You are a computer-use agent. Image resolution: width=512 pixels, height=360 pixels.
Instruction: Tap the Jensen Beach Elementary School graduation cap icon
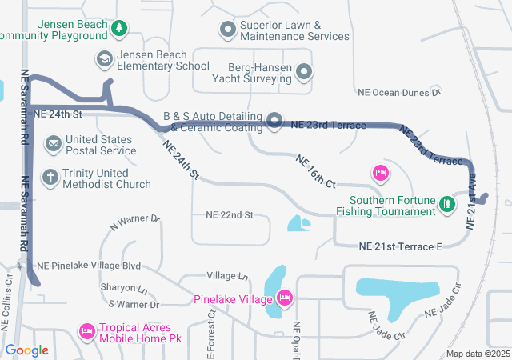click(x=105, y=59)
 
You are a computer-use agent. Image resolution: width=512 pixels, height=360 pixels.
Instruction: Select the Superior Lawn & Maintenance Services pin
click(x=228, y=30)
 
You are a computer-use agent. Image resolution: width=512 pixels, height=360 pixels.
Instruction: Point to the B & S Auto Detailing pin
click(x=274, y=121)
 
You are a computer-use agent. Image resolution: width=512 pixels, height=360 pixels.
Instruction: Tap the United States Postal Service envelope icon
click(x=54, y=144)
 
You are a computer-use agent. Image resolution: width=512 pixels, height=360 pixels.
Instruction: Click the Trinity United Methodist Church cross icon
click(x=50, y=178)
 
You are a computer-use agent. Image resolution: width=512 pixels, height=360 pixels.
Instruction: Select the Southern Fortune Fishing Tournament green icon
click(x=448, y=206)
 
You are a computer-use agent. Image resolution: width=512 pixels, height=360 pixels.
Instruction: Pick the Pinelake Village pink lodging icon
click(x=284, y=299)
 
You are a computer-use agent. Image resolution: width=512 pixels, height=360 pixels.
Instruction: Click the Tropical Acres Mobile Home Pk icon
click(x=87, y=330)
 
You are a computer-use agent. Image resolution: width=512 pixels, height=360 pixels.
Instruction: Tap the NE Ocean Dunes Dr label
click(x=398, y=93)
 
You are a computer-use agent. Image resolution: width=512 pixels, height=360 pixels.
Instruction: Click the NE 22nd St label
click(x=229, y=215)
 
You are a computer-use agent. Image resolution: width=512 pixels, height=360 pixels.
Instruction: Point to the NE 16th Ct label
click(x=315, y=172)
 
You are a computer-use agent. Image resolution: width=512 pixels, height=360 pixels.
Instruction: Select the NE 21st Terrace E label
click(x=400, y=247)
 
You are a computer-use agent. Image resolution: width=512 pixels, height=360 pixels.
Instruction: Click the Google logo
click(x=26, y=350)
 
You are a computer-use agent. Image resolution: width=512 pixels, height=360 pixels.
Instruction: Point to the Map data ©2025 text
click(x=477, y=354)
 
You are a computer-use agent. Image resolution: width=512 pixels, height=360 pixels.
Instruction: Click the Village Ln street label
click(x=227, y=276)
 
